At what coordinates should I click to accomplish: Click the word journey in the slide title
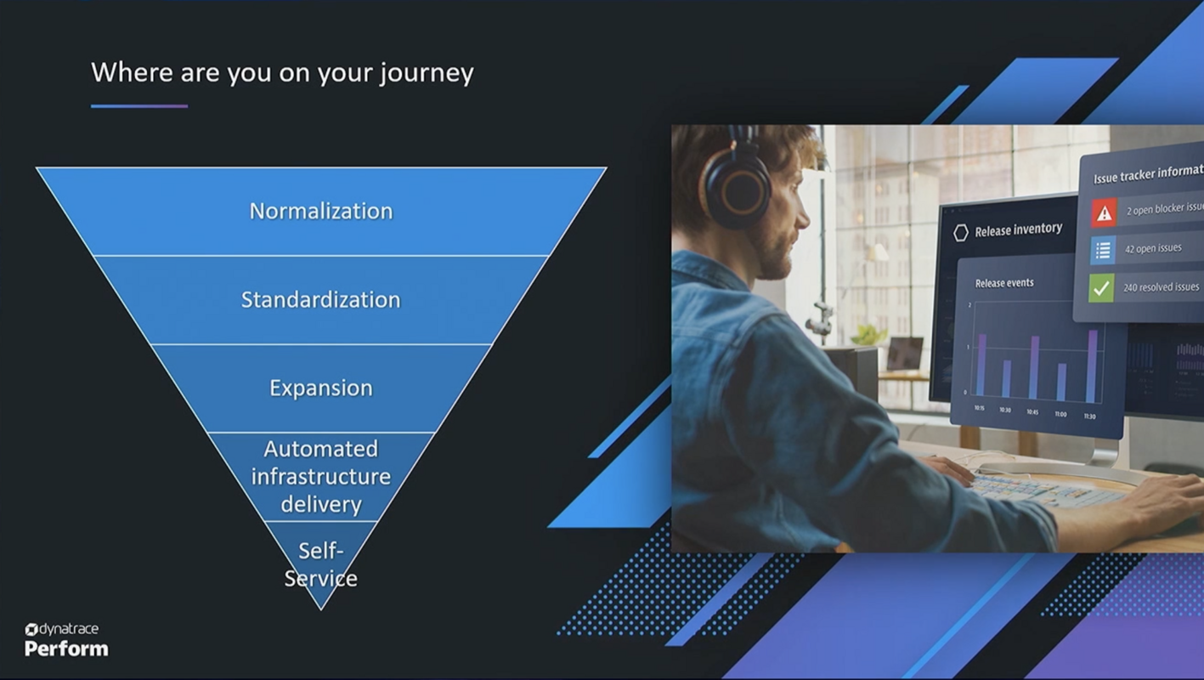point(427,73)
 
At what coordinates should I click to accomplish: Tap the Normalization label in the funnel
point(321,211)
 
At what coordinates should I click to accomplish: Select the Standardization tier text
point(320,299)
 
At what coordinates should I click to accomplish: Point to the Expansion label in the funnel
point(321,388)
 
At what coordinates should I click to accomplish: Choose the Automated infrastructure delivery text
point(321,476)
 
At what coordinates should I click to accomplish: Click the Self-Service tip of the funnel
point(321,564)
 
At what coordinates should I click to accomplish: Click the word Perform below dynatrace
point(66,649)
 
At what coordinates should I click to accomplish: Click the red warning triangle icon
point(1104,212)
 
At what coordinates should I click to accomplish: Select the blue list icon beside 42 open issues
point(1103,250)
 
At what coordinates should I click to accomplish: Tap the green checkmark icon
point(1101,288)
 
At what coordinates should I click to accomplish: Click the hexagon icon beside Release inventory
point(961,233)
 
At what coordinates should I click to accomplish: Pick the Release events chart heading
point(1004,283)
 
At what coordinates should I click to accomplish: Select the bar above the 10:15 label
point(982,365)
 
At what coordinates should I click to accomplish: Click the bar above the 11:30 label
point(1092,366)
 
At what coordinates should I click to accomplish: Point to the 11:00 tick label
point(1061,415)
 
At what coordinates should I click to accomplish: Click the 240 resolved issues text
point(1161,287)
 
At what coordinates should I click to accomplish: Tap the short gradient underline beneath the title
point(139,106)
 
